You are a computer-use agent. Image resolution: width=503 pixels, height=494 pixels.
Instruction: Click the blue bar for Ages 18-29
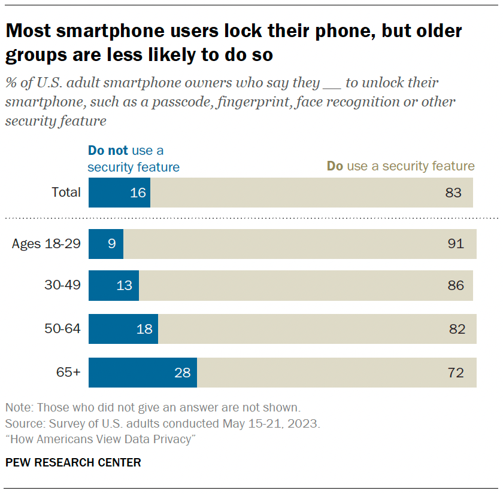click(x=106, y=244)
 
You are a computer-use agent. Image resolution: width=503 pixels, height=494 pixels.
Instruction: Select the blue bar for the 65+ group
click(x=143, y=373)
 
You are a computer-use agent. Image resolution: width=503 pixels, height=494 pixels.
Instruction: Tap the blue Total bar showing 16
click(x=119, y=193)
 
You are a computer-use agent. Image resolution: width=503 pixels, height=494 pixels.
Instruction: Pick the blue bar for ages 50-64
click(x=123, y=329)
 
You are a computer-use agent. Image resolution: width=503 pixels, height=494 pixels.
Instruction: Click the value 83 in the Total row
click(x=453, y=193)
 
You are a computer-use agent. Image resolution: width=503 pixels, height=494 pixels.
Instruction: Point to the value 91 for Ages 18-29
click(x=456, y=244)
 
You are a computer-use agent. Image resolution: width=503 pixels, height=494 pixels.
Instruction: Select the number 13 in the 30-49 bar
click(x=124, y=285)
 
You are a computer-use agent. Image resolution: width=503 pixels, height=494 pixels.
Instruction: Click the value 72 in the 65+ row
click(x=456, y=373)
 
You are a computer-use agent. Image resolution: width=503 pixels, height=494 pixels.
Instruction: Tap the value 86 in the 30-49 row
click(x=456, y=285)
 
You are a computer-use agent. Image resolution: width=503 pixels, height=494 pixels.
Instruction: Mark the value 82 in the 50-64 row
click(x=456, y=329)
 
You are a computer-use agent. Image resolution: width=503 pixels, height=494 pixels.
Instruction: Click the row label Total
click(x=66, y=193)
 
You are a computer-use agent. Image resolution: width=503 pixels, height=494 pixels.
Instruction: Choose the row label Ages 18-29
click(x=46, y=244)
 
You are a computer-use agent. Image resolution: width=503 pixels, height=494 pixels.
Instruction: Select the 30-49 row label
click(x=62, y=285)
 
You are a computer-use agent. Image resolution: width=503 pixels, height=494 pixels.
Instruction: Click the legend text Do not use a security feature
click(x=134, y=159)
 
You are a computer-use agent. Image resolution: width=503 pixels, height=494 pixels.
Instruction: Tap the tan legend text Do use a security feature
click(x=400, y=166)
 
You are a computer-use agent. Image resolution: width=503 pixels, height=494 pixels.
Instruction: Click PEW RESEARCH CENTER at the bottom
click(x=73, y=462)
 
